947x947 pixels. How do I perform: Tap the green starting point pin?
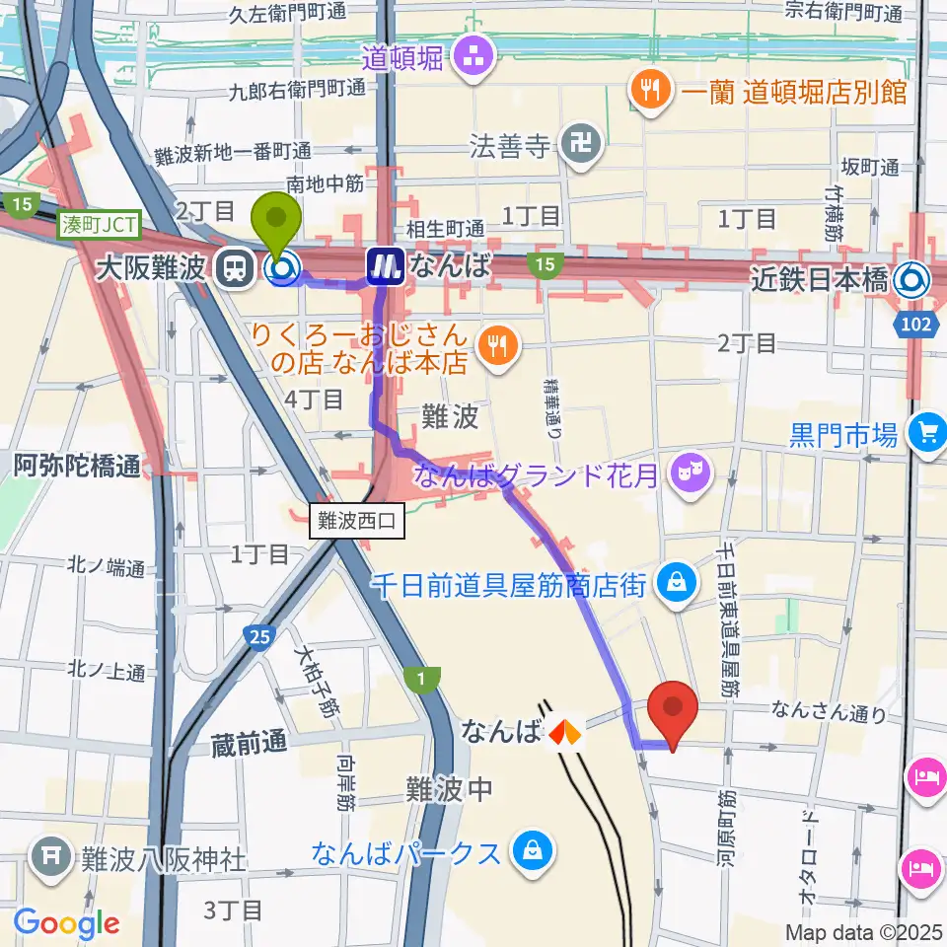pyautogui.click(x=278, y=226)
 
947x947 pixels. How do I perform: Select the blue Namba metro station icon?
pyautogui.click(x=385, y=265)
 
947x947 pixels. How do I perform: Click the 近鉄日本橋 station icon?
pyautogui.click(x=911, y=281)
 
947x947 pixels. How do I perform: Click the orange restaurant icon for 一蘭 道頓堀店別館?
pyautogui.click(x=649, y=92)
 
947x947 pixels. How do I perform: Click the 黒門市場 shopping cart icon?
pyautogui.click(x=927, y=431)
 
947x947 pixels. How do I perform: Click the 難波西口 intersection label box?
pyautogui.click(x=357, y=522)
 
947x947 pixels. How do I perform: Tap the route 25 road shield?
pyautogui.click(x=259, y=639)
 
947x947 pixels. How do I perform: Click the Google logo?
pyautogui.click(x=66, y=923)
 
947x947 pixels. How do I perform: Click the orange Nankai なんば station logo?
pyautogui.click(x=565, y=733)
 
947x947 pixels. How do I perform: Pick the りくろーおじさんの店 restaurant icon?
pyautogui.click(x=493, y=344)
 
